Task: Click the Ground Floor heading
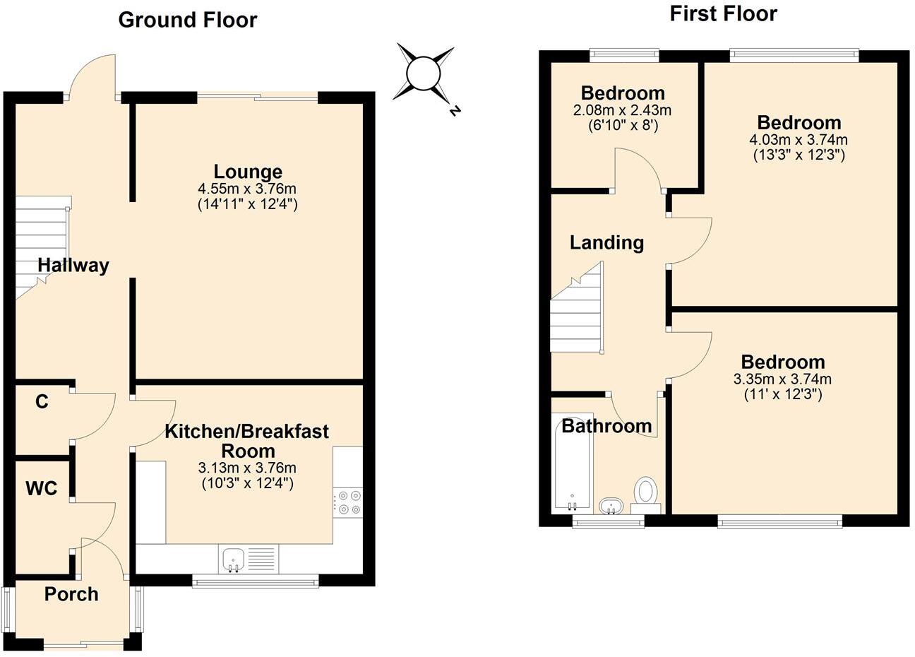pyautogui.click(x=187, y=20)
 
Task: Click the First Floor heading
pyautogui.click(x=723, y=13)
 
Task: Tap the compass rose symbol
pyautogui.click(x=423, y=71)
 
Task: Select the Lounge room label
pyautogui.click(x=248, y=172)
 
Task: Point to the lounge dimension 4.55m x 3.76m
pyautogui.click(x=248, y=189)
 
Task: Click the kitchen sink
pyautogui.click(x=232, y=559)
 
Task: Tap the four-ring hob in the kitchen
pyautogui.click(x=347, y=502)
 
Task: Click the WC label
pyautogui.click(x=41, y=488)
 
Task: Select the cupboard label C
pyautogui.click(x=42, y=402)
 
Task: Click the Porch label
pyautogui.click(x=71, y=594)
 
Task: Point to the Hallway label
pyautogui.click(x=73, y=266)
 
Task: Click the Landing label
pyautogui.click(x=606, y=243)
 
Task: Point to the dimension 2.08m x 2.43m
pyautogui.click(x=622, y=110)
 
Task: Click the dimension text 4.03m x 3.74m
pyautogui.click(x=799, y=139)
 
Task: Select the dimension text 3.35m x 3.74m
pyautogui.click(x=782, y=379)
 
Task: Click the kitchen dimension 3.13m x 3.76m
pyautogui.click(x=246, y=468)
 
